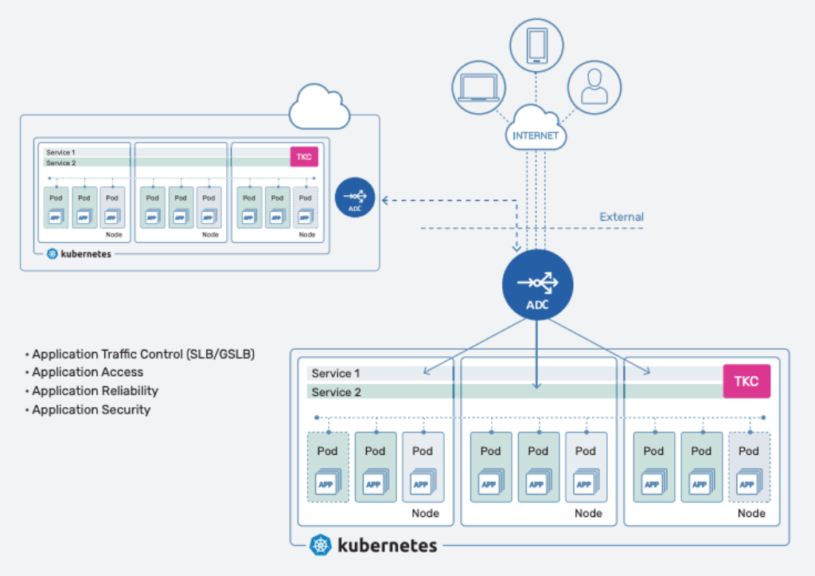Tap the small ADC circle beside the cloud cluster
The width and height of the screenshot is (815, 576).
pos(356,197)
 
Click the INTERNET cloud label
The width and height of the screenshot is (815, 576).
pos(536,135)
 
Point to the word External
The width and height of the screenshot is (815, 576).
pos(622,217)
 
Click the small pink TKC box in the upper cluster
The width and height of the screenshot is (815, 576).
pos(304,156)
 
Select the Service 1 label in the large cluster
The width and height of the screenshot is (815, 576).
pos(336,373)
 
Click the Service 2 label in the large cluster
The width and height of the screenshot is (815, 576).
pos(336,392)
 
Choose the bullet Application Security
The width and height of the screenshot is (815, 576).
pos(91,409)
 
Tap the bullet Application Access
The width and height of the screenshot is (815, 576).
pos(88,372)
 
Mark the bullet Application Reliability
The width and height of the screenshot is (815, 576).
pos(95,390)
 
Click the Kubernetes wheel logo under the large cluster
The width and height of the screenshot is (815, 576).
pos(320,545)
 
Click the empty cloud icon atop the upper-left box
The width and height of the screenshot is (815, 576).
pos(319,109)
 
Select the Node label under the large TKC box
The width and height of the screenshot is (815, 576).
pos(751,513)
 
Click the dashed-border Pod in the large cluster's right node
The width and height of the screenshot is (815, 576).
pos(749,467)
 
